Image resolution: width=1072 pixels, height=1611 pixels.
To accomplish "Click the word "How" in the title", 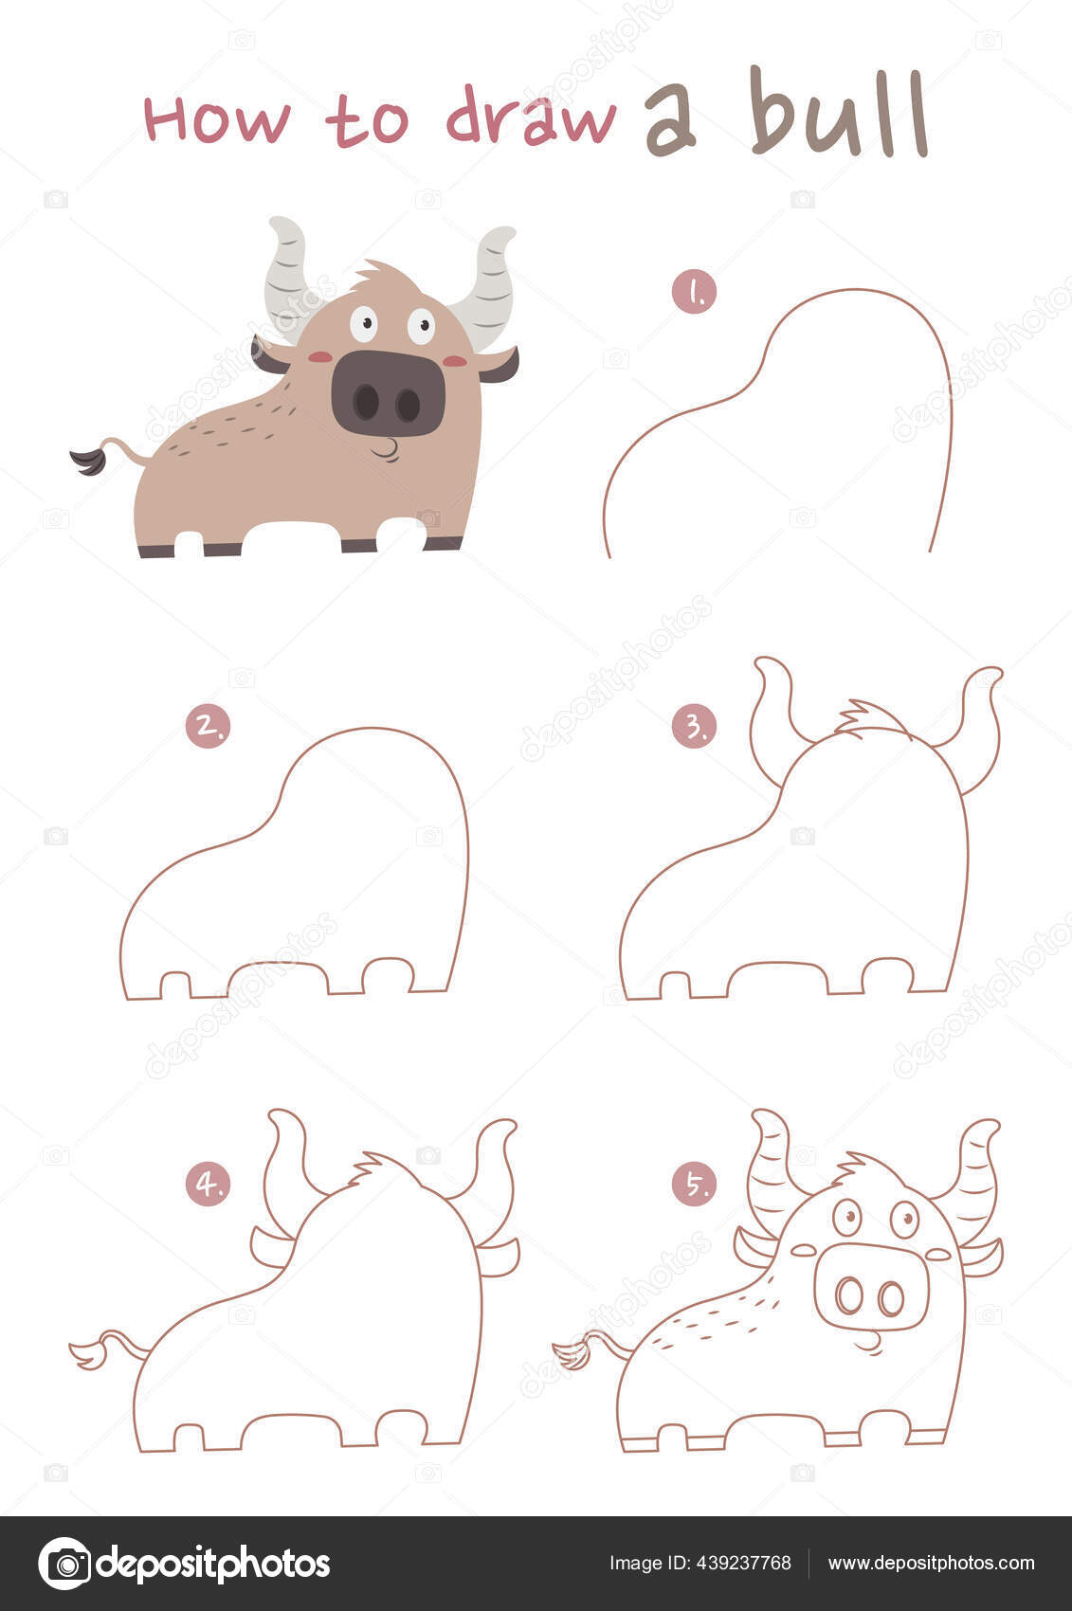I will point(217,120).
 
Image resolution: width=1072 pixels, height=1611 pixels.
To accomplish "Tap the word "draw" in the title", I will point(531,118).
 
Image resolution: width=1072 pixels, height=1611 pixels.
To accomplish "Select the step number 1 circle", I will point(694,292).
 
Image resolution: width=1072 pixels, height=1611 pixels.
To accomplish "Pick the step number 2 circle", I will point(208,726).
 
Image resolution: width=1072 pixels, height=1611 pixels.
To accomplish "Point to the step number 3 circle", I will point(694,726).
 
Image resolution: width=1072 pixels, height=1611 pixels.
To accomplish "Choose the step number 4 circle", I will point(208,1185).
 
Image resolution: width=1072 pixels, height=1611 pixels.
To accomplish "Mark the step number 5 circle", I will point(694,1185).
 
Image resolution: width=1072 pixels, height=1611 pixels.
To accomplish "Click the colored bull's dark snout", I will point(388,393).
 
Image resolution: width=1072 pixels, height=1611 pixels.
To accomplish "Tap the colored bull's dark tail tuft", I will point(88,462).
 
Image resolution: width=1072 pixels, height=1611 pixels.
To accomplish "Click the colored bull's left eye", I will point(363,323).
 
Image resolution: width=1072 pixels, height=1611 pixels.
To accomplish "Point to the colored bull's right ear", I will point(500,366).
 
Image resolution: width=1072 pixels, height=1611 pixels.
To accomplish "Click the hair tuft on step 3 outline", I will point(864,718).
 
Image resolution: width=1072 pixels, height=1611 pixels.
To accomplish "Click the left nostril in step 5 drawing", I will point(848,1295).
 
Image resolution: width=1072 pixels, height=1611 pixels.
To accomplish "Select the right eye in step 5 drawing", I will point(904,1219).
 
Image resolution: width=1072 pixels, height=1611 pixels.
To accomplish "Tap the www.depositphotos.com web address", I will point(931,1563).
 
